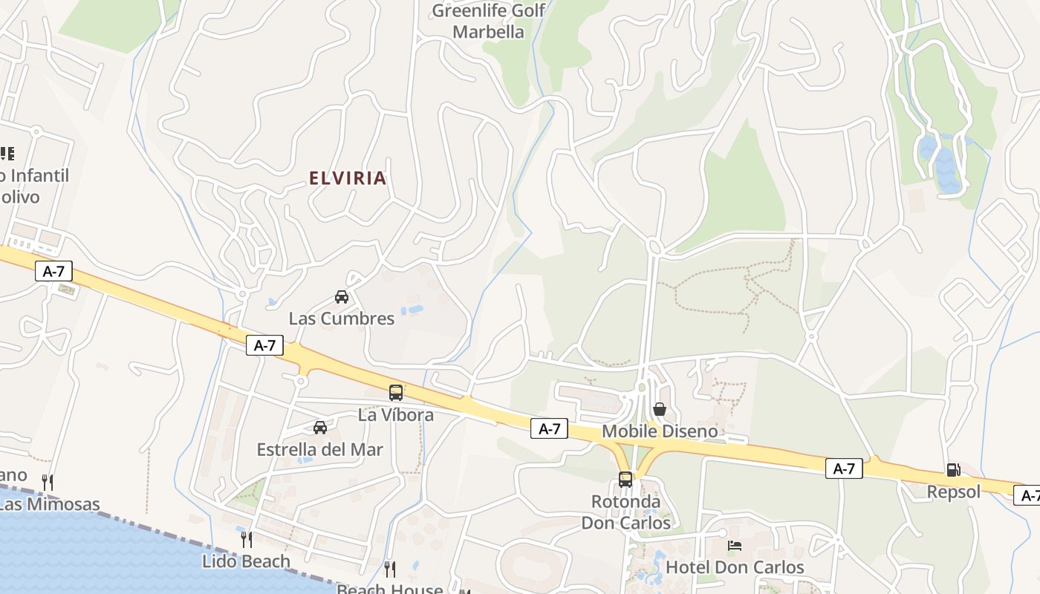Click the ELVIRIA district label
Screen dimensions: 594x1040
348,178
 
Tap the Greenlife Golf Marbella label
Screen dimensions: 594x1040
488,22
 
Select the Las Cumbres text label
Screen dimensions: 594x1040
342,319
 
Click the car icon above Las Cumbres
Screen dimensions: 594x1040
342,297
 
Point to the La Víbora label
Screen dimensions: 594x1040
396,414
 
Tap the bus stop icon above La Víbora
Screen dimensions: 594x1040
396,393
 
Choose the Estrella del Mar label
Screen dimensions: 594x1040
320,449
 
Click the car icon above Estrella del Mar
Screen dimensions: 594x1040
320,428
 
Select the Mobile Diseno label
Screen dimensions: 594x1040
660,431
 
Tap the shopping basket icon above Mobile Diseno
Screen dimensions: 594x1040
660,409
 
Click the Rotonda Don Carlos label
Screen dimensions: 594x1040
625,512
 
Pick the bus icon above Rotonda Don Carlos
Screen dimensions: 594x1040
625,480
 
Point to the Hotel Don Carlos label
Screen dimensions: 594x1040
735,567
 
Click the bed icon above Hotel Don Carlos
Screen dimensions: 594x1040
735,546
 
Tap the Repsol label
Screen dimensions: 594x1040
954,492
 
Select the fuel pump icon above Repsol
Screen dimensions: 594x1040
954,469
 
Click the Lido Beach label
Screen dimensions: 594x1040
246,561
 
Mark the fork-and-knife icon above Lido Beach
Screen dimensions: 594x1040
246,539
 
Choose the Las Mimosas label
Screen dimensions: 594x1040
49,505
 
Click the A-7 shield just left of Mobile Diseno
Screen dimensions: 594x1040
549,428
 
